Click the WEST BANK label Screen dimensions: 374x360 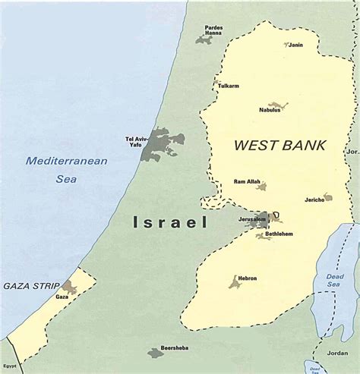pyautogui.click(x=269, y=144)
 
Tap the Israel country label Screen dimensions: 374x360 pyautogui.click(x=170, y=222)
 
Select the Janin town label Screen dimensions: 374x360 pyautogui.click(x=295, y=45)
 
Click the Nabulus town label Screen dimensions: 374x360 pyautogui.click(x=269, y=110)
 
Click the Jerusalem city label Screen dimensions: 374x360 pyautogui.click(x=251, y=219)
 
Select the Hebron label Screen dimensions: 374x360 pyautogui.click(x=246, y=278)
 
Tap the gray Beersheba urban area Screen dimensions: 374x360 pyautogui.click(x=156, y=352)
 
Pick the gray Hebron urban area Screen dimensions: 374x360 pyautogui.click(x=235, y=282)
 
